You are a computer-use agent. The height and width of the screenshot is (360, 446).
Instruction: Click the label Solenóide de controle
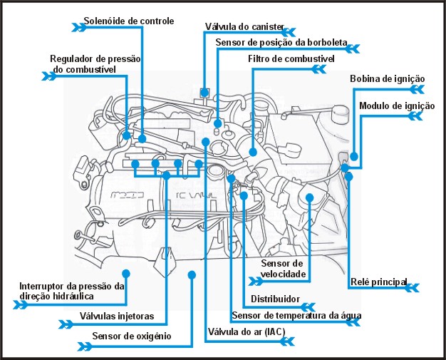click(128, 21)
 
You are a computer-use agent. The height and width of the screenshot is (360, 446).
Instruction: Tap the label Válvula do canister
click(244, 26)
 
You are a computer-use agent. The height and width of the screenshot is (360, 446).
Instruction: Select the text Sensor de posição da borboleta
click(282, 42)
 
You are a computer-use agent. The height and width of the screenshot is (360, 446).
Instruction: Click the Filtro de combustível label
click(291, 58)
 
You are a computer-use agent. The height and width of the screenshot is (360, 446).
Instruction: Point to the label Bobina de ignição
click(388, 78)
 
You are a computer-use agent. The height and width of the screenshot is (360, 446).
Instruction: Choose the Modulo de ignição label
click(397, 106)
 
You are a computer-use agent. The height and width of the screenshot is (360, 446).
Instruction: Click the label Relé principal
click(378, 282)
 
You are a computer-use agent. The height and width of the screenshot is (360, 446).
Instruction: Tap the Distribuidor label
click(275, 299)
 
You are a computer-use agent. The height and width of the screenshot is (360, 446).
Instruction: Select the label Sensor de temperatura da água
click(297, 315)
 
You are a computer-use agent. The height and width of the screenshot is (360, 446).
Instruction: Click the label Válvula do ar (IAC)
click(246, 332)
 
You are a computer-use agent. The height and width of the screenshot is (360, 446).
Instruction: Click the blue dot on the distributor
click(244, 195)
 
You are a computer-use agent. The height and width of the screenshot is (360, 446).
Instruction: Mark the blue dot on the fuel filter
click(254, 152)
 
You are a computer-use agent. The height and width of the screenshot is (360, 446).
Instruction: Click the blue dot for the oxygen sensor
click(192, 274)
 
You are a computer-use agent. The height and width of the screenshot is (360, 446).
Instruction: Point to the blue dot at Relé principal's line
click(349, 175)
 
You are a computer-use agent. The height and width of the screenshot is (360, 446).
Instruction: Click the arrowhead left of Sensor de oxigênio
click(85, 346)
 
